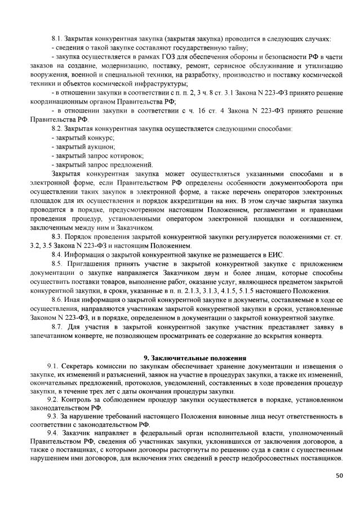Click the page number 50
339,476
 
